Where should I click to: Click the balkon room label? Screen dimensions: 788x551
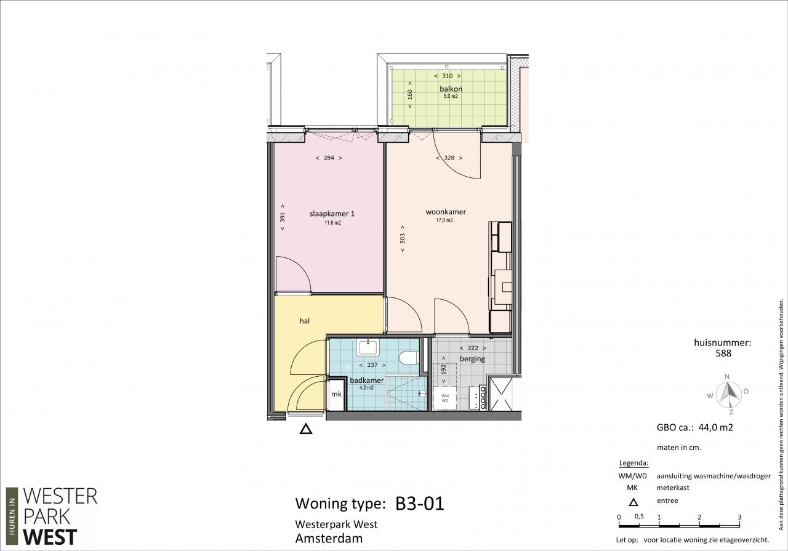point(451,89)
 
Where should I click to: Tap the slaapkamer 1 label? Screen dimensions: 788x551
point(332,214)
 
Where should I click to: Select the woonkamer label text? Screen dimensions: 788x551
point(446,212)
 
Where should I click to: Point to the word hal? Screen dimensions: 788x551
point(305,321)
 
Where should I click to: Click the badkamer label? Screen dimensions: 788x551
point(366,380)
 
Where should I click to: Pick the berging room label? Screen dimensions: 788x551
point(472,359)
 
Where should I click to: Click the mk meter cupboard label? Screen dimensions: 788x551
point(336,394)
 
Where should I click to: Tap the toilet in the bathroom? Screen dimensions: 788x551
point(408,358)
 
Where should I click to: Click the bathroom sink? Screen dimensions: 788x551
point(368,348)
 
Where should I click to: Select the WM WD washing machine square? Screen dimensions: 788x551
point(445,398)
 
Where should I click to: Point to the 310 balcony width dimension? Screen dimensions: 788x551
point(447,76)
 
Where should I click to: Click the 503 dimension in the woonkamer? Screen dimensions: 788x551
point(403,238)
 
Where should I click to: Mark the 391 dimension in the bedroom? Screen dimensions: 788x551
point(283,217)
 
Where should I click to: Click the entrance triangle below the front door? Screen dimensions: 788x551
point(306,429)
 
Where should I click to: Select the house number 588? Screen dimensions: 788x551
point(723,353)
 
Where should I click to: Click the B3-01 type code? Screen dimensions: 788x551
point(420,503)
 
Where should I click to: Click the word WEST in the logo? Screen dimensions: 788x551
point(50,537)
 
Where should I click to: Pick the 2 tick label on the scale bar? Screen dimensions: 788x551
point(699,517)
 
